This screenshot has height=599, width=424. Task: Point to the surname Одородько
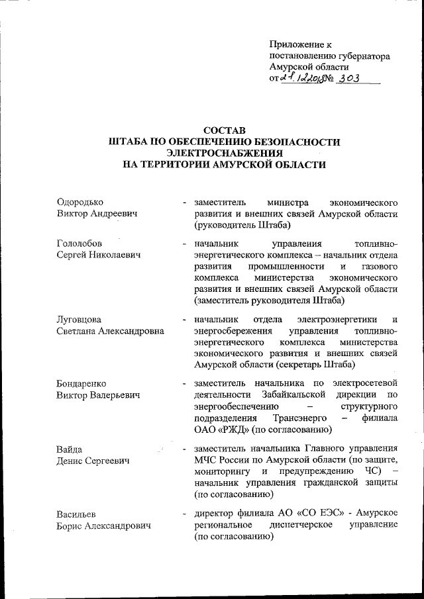81,201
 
